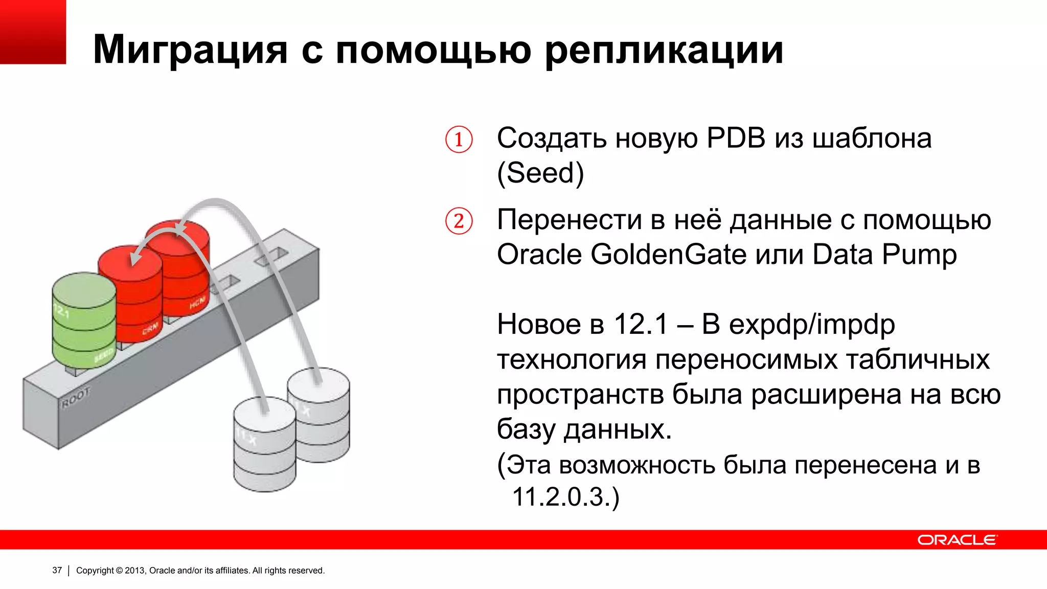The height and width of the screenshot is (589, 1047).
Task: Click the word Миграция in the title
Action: (190, 50)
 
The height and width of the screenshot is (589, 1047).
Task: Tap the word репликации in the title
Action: (664, 51)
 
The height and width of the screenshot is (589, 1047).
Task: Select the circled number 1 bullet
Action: (459, 139)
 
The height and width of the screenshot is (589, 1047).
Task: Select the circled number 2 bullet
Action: (459, 221)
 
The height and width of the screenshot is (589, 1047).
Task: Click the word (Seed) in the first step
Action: (540, 173)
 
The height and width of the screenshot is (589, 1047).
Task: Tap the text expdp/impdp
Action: (812, 325)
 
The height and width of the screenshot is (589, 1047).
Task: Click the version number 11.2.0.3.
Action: (561, 496)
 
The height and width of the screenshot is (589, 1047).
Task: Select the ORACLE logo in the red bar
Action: (957, 540)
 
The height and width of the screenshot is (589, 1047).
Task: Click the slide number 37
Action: (57, 570)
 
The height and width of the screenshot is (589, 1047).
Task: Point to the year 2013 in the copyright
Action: (135, 570)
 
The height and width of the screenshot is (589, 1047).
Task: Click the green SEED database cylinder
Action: (84, 322)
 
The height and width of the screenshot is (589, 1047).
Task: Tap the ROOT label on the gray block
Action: (75, 398)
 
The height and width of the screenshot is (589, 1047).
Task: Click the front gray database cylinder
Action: (264, 445)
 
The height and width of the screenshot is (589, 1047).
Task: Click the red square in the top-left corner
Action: (33, 32)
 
